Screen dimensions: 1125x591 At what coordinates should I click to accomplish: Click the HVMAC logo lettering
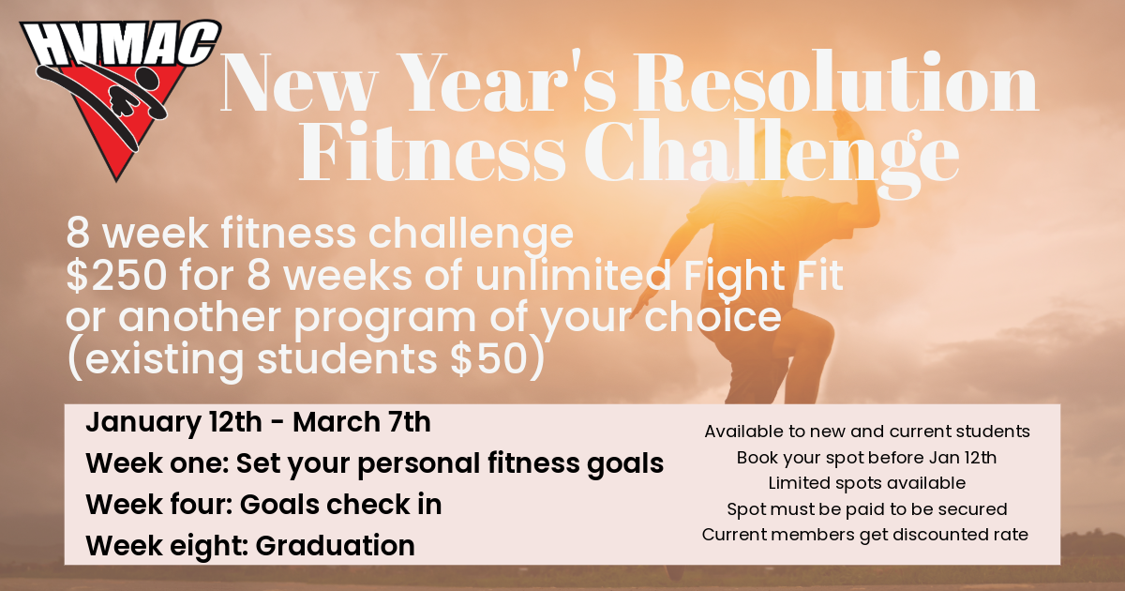point(121,44)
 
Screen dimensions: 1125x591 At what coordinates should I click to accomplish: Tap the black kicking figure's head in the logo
point(147,79)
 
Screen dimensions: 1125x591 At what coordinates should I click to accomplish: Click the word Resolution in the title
point(835,82)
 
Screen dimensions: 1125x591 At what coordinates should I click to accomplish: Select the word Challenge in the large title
point(772,153)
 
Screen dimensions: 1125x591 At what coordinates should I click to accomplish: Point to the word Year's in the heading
point(507,82)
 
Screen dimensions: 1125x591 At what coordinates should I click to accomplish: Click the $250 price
point(116,276)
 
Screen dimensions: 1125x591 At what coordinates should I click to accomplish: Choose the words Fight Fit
point(763,277)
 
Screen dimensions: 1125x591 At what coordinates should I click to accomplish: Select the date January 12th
point(173,422)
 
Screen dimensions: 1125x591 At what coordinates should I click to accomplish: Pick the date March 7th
point(362,421)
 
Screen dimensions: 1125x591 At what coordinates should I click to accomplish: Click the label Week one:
point(157,463)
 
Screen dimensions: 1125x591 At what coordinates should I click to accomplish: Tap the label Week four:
point(158,505)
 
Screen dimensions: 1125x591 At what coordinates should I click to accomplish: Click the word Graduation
point(335,546)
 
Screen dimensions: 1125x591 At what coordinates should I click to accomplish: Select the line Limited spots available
point(867,483)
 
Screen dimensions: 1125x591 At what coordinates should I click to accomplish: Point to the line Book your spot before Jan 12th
point(867,458)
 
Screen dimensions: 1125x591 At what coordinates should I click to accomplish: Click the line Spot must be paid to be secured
point(867,509)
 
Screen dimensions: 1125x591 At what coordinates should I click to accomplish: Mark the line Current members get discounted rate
point(864,535)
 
